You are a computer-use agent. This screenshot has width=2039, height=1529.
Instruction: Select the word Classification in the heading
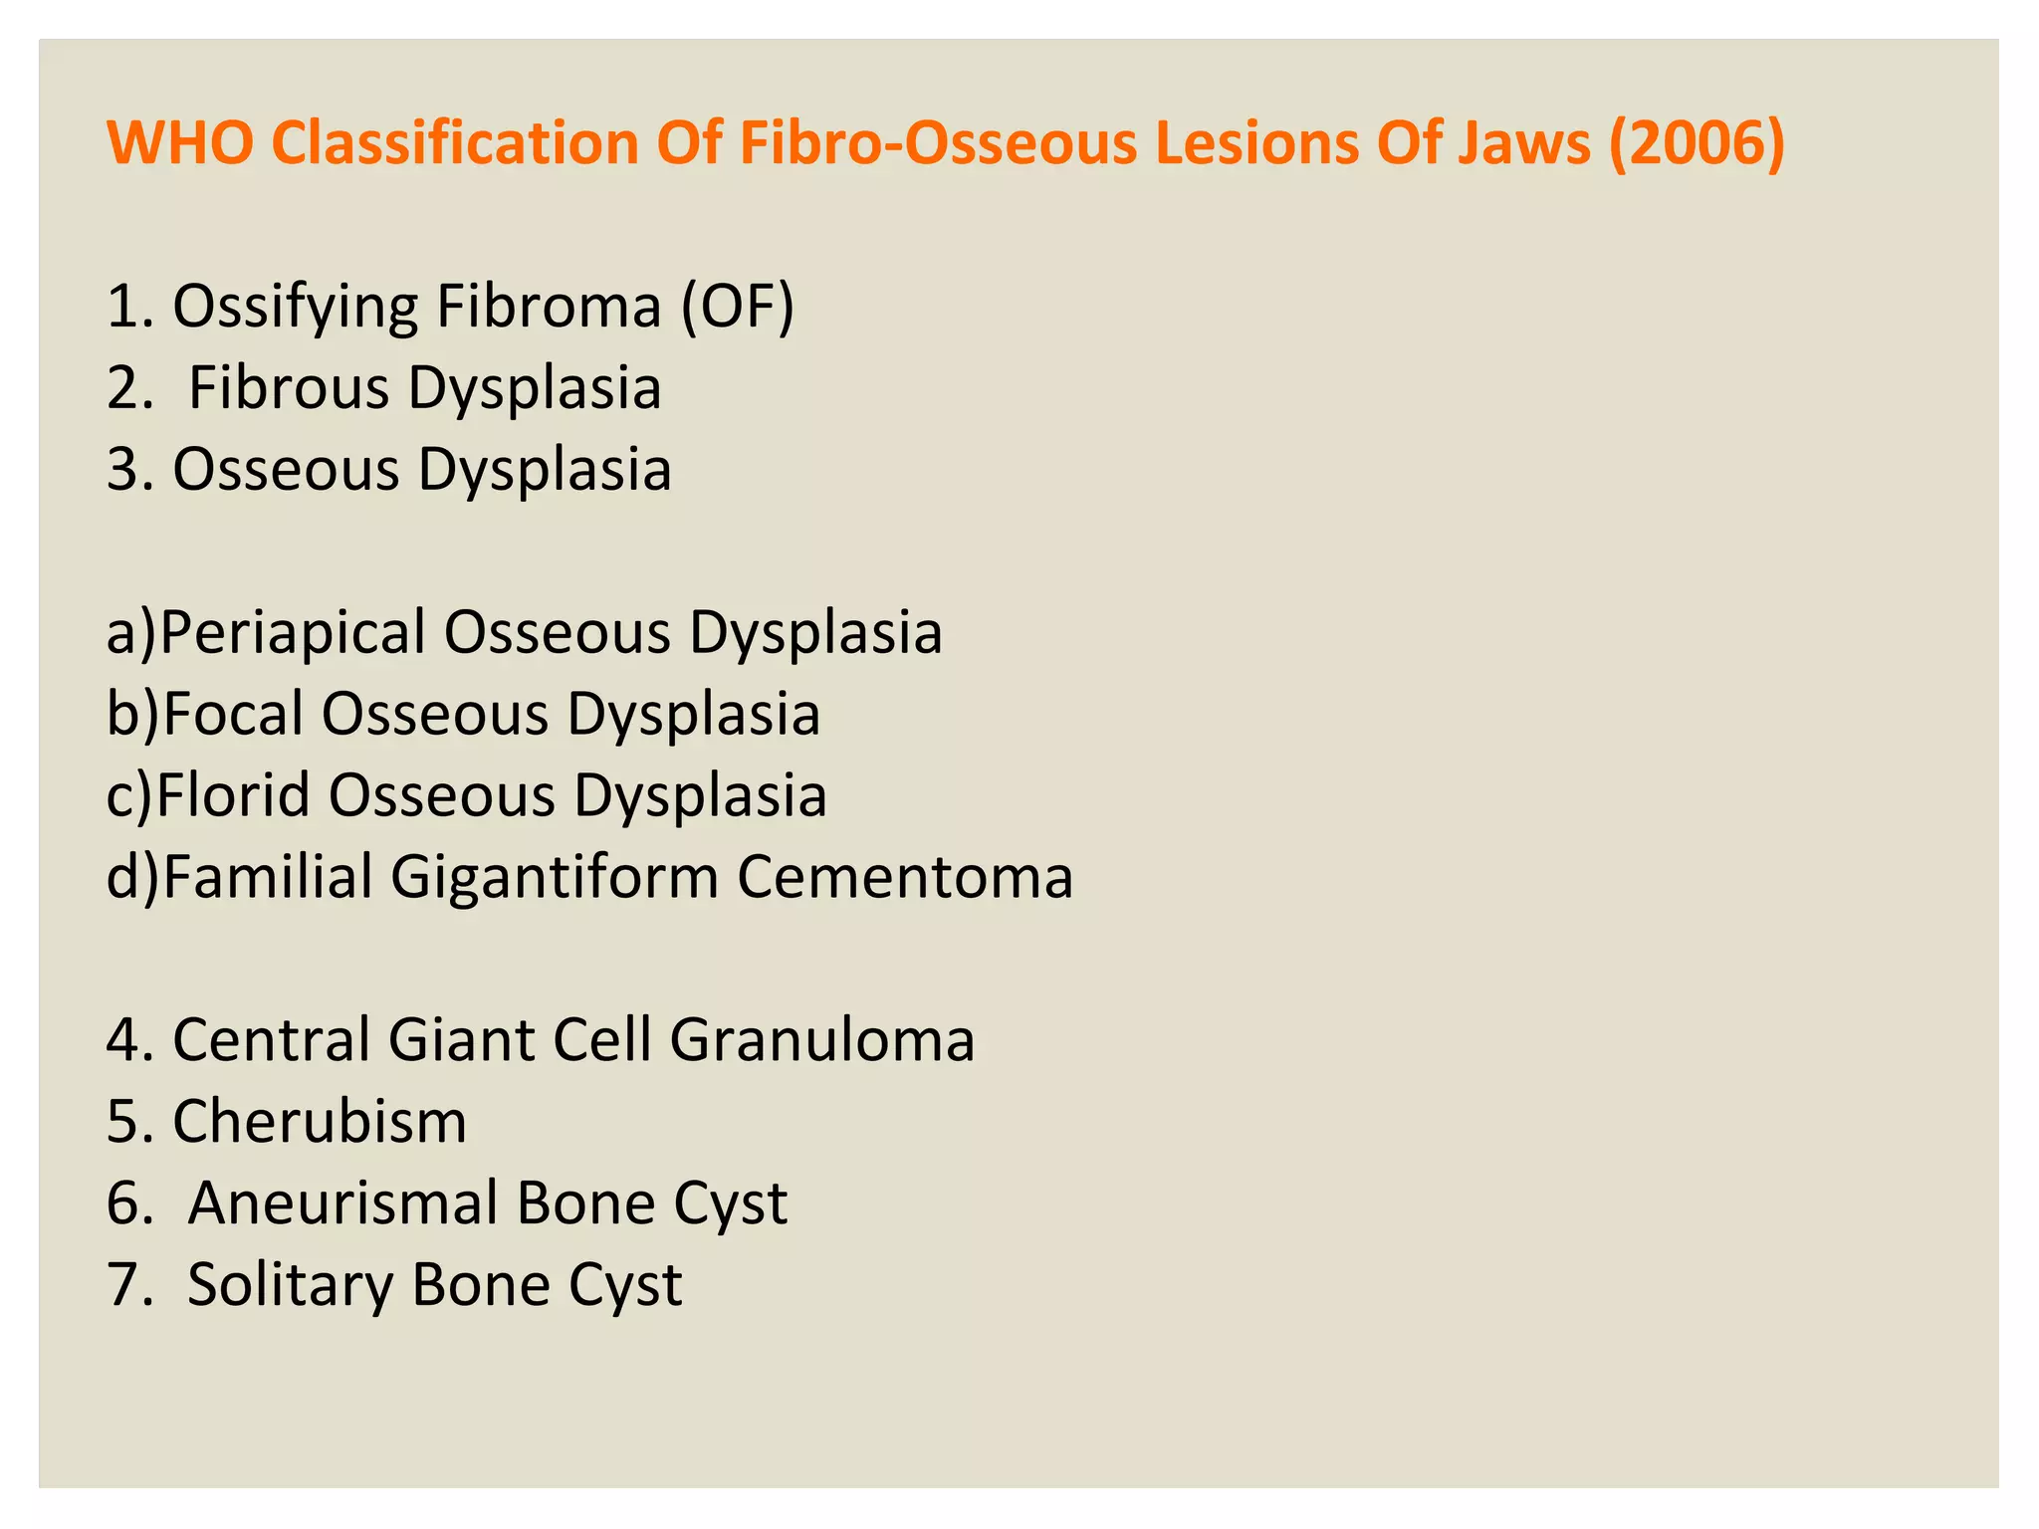tap(454, 142)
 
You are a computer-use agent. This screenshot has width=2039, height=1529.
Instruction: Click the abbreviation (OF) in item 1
tap(738, 307)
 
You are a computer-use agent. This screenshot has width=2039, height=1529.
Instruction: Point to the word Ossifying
tap(295, 309)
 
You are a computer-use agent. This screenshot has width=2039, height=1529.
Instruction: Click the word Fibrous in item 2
tap(289, 387)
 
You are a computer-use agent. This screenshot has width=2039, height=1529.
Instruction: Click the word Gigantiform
tap(555, 879)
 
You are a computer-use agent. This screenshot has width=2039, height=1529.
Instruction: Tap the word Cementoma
tap(905, 877)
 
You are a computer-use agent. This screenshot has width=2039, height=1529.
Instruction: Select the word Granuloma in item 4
tap(822, 1040)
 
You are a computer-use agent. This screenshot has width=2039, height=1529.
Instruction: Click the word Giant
tap(462, 1040)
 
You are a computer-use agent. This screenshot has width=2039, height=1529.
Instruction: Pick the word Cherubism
tap(320, 1122)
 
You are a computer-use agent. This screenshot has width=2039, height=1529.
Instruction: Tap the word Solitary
tap(291, 1285)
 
